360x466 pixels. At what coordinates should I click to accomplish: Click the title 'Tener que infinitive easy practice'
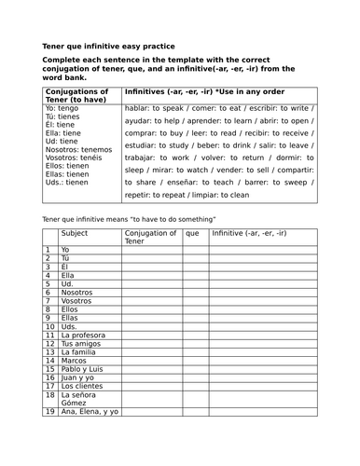pyautogui.click(x=108, y=46)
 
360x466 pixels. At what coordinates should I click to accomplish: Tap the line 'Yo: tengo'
pyautogui.click(x=60, y=108)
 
